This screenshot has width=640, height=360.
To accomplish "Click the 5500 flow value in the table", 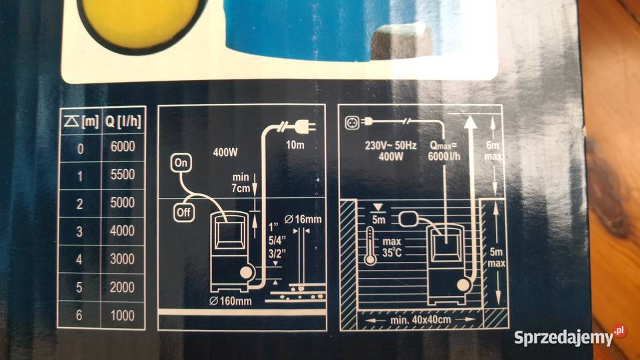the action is coord(123,175).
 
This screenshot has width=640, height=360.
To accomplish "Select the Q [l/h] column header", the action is coord(123,121).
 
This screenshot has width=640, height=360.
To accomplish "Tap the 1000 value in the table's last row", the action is coord(123,315).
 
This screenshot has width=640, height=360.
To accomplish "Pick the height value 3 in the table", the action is coord(79,231).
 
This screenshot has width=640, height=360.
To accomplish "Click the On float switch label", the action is coord(181,163).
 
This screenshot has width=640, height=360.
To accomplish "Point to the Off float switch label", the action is coord(184,212).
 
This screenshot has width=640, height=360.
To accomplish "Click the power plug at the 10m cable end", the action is coord(304,126).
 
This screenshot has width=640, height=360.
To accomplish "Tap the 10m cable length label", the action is coord(295,145).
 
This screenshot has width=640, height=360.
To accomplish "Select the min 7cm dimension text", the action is coord(241,183).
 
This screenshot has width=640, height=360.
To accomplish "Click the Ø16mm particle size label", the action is coord(303,219).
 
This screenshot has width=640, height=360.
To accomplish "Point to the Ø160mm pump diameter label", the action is coord(231,301).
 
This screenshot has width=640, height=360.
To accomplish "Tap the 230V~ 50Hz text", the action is coord(391,146).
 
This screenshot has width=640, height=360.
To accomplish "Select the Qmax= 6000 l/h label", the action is coord(444,151).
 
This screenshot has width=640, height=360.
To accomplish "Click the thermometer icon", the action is coord(370,246).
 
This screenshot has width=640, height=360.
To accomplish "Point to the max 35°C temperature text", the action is coord(392,247).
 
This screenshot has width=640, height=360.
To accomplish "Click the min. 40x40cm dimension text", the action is coord(421,319).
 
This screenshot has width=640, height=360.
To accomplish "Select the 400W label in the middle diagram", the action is coord(225,153).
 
